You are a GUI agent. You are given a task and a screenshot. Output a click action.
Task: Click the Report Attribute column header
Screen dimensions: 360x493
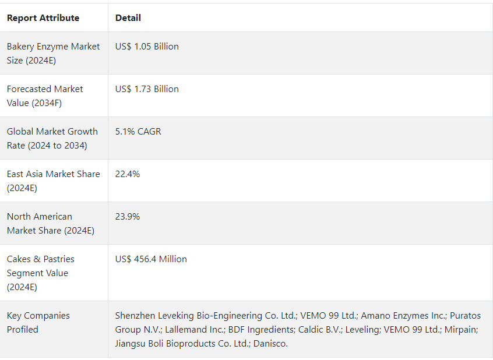(43, 18)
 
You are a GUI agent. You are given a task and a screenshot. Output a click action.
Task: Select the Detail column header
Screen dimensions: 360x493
(128, 18)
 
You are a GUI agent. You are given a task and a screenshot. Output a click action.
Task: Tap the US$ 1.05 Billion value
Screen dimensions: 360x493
(147, 47)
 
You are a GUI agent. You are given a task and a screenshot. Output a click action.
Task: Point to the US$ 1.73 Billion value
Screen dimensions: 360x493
(147, 89)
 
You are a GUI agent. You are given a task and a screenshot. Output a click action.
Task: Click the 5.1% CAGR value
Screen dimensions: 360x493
(138, 132)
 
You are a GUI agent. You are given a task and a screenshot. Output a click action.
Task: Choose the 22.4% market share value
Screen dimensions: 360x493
(128, 174)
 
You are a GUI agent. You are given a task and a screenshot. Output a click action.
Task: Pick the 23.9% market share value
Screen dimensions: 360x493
(128, 217)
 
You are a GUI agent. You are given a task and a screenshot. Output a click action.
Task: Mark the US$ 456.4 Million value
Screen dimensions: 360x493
(151, 259)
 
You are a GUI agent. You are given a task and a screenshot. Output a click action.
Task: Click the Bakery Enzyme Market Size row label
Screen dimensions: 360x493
(53, 53)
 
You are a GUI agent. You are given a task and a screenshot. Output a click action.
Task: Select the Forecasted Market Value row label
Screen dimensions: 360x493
(45, 96)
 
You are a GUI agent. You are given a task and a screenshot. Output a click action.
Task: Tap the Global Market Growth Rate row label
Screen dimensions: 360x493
(52, 138)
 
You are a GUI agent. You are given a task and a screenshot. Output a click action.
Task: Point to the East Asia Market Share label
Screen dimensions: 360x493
(53, 181)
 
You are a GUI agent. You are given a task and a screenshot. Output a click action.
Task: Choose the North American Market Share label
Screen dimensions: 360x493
(50, 223)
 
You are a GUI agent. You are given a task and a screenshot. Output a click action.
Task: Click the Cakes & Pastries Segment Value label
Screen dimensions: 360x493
(40, 273)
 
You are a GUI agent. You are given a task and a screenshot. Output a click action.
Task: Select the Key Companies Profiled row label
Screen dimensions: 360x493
(38, 322)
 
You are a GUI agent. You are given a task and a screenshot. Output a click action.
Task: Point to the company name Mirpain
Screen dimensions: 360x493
(461, 330)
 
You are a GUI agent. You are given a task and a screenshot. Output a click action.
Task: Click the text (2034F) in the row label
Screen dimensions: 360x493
(48, 103)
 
